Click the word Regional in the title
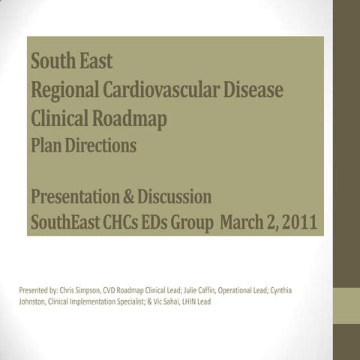62,90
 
